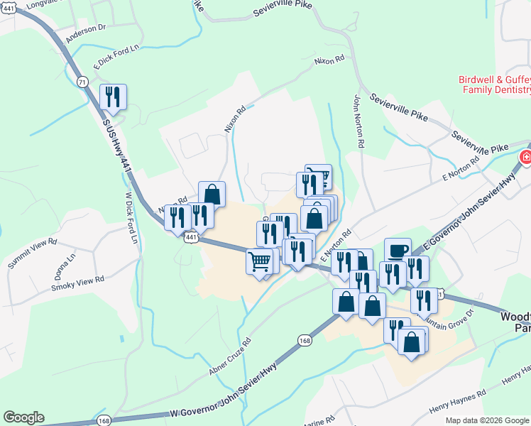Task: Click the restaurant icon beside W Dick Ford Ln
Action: (x=113, y=97)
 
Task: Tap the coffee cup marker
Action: (x=398, y=250)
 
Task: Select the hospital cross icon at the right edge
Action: (x=525, y=158)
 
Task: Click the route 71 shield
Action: (x=84, y=83)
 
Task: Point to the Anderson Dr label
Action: (x=85, y=33)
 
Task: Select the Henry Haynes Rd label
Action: (x=458, y=402)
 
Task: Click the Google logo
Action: (x=23, y=417)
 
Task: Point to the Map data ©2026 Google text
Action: (x=487, y=420)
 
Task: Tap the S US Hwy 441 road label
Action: (x=117, y=146)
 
